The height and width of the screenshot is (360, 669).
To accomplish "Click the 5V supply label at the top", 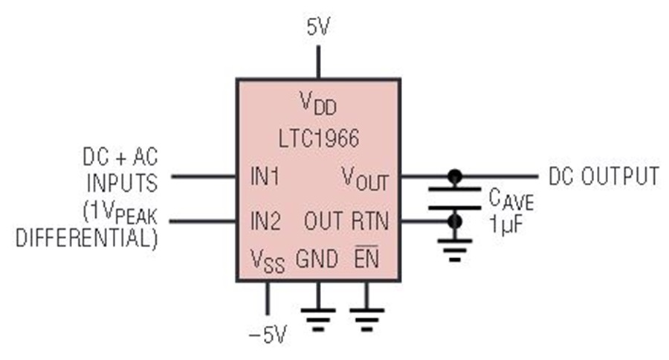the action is tap(318, 28).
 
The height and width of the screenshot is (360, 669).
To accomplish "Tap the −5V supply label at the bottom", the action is tap(268, 335).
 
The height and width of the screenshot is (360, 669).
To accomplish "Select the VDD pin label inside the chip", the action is tap(318, 103).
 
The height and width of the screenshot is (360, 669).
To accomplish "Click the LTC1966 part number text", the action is tap(319, 139).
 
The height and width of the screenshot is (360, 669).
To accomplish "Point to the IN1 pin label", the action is tap(265, 176).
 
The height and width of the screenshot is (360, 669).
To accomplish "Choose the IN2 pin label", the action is tap(265, 221).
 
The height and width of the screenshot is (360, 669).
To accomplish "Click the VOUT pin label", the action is tap(365, 178).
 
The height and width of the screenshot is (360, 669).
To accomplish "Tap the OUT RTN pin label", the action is tap(346, 221).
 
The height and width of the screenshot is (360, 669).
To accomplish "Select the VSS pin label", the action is tap(267, 260).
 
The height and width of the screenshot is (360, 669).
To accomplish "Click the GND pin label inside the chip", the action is tap(317, 259).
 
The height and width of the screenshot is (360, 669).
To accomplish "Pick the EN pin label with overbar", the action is tap(366, 257).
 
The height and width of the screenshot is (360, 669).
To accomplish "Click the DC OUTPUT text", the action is tap(604, 176).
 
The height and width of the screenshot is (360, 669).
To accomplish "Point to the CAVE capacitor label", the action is tap(511, 199).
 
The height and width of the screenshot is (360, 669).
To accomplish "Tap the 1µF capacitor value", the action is tap(506, 224).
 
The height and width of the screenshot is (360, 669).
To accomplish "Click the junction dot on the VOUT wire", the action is tap(455, 176).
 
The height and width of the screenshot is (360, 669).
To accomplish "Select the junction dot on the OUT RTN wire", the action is tap(455, 221).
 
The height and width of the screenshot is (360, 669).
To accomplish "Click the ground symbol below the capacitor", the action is tap(455, 250).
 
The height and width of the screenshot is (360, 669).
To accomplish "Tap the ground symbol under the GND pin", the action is tap(318, 319).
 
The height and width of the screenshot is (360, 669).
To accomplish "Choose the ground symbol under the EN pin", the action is tap(366, 319).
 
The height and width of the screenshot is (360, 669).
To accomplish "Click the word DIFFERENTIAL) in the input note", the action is tap(87, 238).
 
